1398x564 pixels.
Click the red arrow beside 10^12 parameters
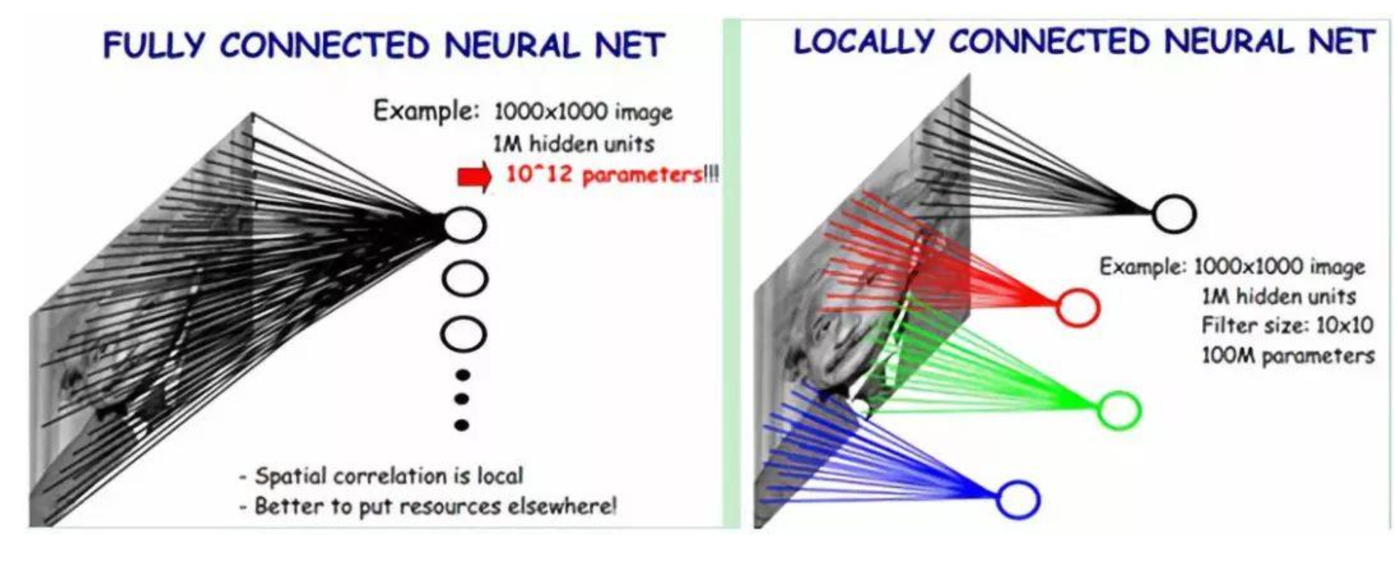point(474,176)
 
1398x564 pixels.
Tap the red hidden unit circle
point(1077,308)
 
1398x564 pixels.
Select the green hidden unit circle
point(1119,410)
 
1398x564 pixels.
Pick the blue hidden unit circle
point(1018,499)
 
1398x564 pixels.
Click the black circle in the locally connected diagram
point(1174,214)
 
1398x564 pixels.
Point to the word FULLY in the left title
point(154,46)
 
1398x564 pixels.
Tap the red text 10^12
point(538,174)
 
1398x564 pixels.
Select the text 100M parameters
point(1288,355)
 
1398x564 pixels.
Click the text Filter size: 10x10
point(1287,325)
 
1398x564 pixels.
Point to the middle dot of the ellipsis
point(462,399)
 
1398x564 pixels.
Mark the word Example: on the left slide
point(426,111)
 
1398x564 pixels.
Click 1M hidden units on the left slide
point(573,144)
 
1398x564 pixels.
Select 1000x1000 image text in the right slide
point(1279,266)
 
